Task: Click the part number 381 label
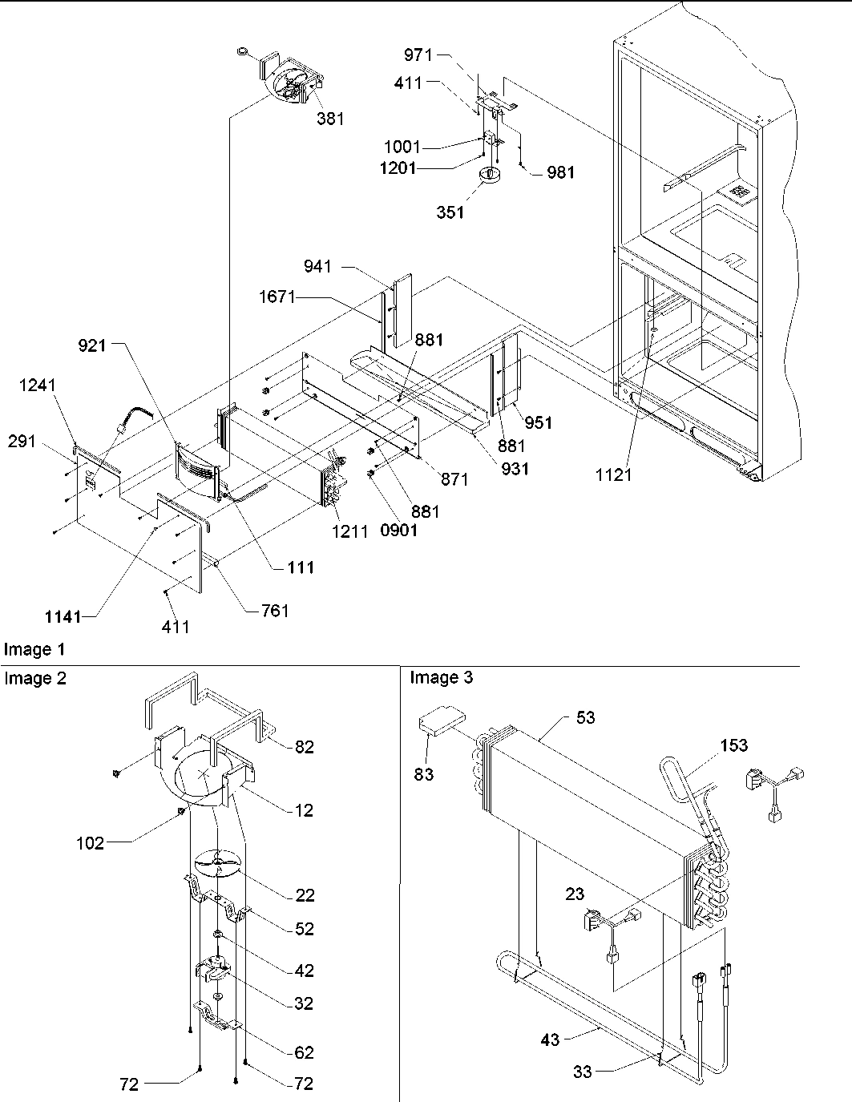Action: pos(330,119)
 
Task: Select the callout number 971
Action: pos(418,55)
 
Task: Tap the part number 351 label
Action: pos(450,212)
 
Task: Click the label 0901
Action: pos(399,530)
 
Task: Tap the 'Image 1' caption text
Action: pos(34,649)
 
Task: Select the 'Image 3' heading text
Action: pos(441,678)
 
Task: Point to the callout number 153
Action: pos(733,745)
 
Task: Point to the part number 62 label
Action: pos(304,1052)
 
